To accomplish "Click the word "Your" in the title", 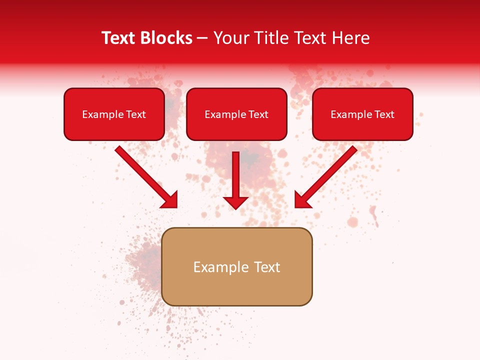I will (229, 38).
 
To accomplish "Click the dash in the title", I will (202, 38).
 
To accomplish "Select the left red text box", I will (114, 114).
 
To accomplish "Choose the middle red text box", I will (236, 114).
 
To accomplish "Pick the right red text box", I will (362, 114).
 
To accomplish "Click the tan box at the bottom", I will (237, 266).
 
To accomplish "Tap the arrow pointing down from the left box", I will (145, 176).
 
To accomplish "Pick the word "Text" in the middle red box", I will (258, 114).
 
